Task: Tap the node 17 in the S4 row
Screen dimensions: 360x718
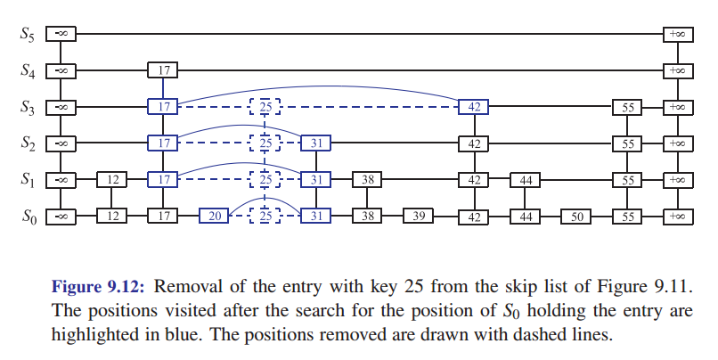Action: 163,70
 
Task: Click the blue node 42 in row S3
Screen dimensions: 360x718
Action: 473,107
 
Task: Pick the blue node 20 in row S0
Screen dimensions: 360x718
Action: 214,217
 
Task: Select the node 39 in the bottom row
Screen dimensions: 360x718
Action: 418,217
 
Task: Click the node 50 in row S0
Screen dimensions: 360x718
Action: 575,217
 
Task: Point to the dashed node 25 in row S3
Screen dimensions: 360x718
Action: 265,107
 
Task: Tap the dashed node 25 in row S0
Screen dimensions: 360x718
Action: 265,217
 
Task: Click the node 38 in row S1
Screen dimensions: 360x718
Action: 367,180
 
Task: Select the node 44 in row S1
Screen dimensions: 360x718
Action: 525,180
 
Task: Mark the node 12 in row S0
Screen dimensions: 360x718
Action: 112,217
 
